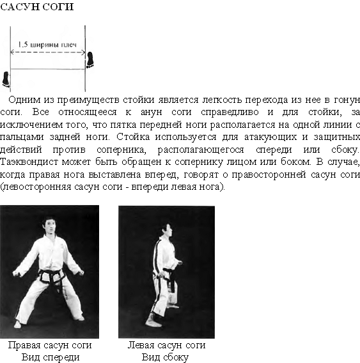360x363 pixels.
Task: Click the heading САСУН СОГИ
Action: [x=37, y=7]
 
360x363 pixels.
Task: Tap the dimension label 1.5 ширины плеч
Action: [x=47, y=45]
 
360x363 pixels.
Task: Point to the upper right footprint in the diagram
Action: [x=90, y=59]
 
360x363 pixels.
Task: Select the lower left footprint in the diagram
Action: [x=6, y=79]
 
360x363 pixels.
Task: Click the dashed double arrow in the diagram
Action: [x=48, y=52]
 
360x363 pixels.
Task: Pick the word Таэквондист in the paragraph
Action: [x=29, y=162]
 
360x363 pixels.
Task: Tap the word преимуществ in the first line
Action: [x=88, y=100]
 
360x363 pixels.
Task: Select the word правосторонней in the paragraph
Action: [x=269, y=174]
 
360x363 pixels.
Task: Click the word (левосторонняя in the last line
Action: [x=36, y=187]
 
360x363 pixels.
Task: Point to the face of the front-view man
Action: [x=51, y=227]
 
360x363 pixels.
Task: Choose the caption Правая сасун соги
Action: [x=50, y=345]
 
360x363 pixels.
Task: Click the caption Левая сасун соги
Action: [x=166, y=345]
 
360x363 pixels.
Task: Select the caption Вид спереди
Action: [x=51, y=357]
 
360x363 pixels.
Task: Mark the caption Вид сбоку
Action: [x=165, y=357]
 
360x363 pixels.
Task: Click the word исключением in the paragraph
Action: [x=31, y=125]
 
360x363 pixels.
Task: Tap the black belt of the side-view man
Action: [x=169, y=275]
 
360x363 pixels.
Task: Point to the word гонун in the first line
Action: [x=347, y=100]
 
